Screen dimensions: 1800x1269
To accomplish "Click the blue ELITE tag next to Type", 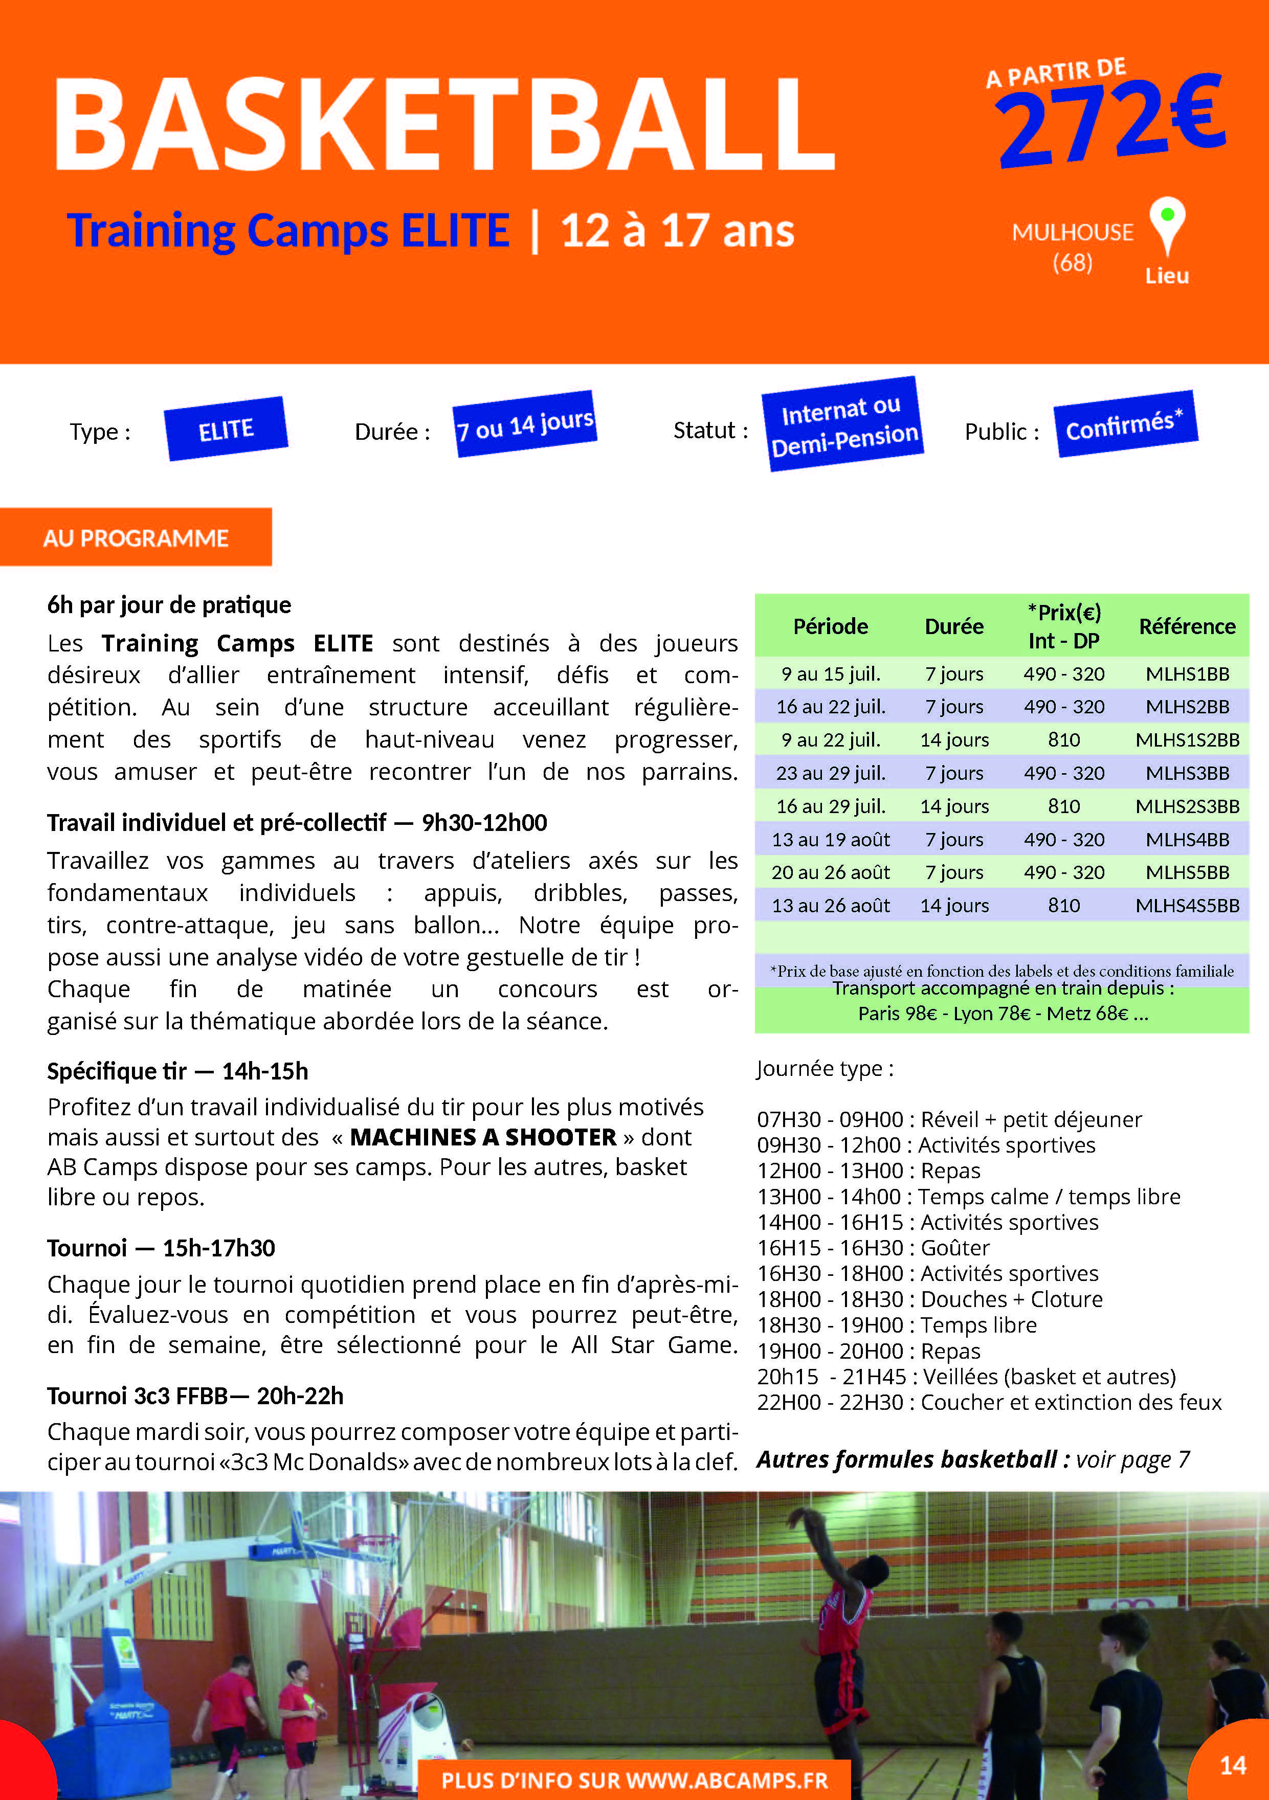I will tap(226, 430).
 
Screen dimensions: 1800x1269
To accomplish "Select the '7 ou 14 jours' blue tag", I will tap(525, 424).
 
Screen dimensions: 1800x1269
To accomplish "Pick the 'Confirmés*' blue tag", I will tap(1125, 424).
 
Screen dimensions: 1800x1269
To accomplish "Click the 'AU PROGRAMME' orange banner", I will tap(136, 538).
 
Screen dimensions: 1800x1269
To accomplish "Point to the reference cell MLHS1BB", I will tap(1187, 673).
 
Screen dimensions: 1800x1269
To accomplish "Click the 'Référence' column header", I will tap(1187, 625).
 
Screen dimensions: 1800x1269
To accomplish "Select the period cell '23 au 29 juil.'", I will tap(831, 773).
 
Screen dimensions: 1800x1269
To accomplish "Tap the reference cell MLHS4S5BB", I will tap(1187, 906).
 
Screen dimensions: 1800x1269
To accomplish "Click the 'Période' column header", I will tap(831, 625).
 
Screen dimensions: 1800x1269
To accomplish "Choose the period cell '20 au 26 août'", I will tap(831, 872).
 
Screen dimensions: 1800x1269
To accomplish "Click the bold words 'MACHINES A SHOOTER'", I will tap(483, 1137).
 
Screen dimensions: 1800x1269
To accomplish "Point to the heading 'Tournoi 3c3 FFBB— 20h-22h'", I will tap(195, 1396).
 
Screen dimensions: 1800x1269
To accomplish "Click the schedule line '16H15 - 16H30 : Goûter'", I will tap(873, 1247).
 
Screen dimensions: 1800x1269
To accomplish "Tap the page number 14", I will tap(1233, 1765).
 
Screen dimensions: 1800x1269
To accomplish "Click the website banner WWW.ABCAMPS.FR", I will tap(634, 1780).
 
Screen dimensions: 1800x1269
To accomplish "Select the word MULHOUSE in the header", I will tap(1072, 232).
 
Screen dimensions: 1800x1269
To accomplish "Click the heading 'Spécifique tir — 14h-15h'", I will tap(177, 1071).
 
